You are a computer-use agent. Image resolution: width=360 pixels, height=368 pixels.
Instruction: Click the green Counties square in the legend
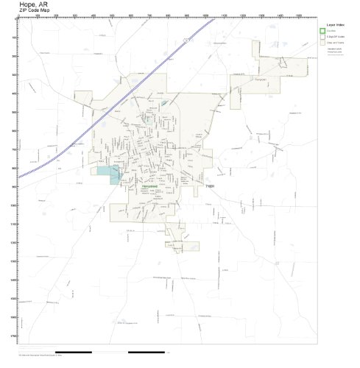[x=323, y=31]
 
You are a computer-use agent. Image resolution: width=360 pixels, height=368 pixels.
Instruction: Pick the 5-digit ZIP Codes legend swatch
[x=323, y=37]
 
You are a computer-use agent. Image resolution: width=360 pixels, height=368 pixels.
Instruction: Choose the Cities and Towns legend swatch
[x=323, y=43]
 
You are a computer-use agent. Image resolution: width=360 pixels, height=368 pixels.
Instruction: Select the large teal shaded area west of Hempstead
[x=108, y=175]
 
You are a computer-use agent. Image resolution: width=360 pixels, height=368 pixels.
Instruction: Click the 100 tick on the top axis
[x=37, y=15]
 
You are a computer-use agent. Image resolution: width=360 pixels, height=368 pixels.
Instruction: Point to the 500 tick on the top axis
[x=112, y=15]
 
